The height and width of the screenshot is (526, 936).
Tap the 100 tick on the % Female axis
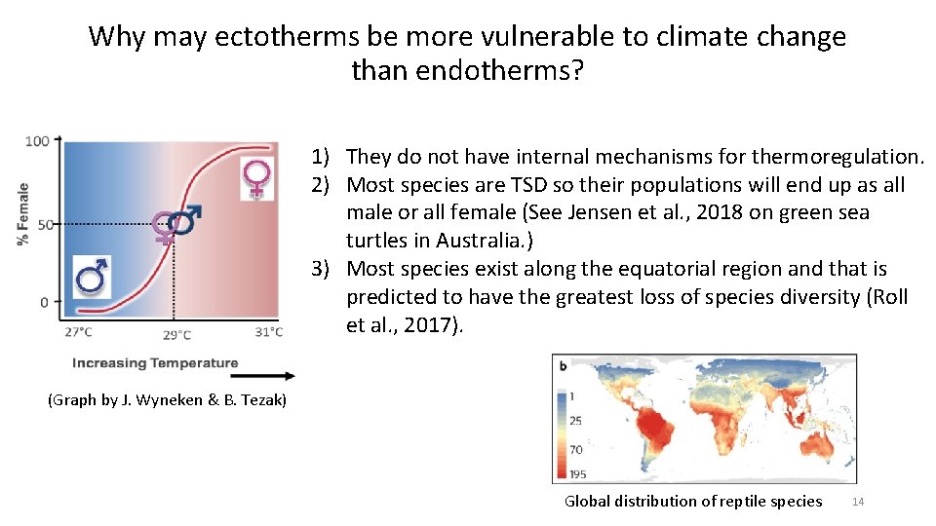pos(37,141)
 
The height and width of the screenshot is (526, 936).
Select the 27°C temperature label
pos(79,333)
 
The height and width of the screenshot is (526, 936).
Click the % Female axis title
pos(21,214)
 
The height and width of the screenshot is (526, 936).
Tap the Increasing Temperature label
pos(154,363)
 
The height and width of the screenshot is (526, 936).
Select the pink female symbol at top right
pos(257,179)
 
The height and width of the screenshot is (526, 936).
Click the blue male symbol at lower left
pos(93,277)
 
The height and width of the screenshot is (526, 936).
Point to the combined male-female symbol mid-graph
pos(176,223)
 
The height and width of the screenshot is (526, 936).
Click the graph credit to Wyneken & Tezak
pos(167,399)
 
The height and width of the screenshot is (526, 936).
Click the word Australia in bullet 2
pos(475,240)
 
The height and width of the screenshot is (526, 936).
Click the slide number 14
pos(858,502)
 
